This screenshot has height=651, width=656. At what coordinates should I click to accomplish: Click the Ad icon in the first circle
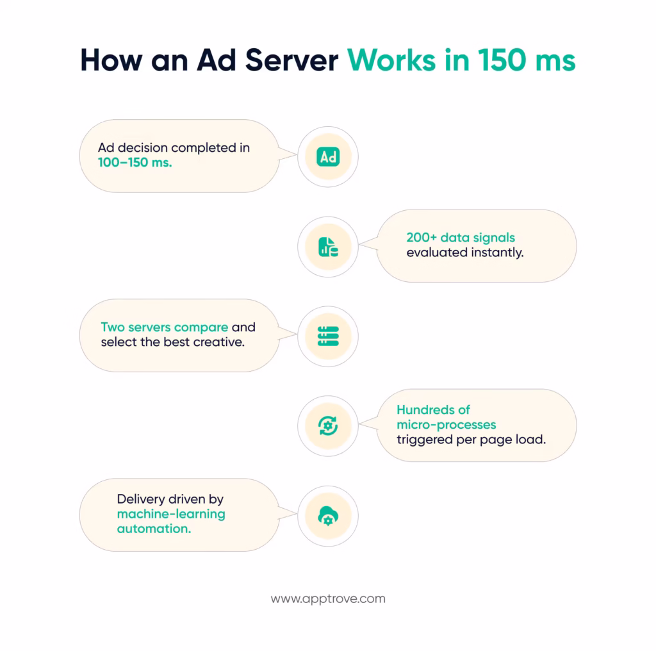tap(328, 157)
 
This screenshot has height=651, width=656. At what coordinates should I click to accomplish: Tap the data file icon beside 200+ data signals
tap(328, 247)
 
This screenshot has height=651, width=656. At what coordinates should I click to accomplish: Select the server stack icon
tap(328, 336)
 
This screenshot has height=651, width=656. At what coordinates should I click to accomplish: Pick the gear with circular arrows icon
tap(328, 426)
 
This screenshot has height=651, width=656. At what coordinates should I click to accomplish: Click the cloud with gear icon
tap(328, 516)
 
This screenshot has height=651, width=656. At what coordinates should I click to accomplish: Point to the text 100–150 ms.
tap(135, 163)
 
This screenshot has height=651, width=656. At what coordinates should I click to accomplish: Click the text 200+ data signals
tap(460, 237)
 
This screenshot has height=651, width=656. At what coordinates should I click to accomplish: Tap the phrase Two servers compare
tap(164, 327)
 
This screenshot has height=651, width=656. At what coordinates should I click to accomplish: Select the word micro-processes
tap(446, 425)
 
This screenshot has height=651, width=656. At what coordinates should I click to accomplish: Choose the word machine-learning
tap(170, 514)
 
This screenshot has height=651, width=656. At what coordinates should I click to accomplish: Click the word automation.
tap(153, 529)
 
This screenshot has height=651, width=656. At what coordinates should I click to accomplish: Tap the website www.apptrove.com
tap(328, 599)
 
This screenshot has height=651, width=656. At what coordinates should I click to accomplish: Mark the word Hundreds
tap(424, 409)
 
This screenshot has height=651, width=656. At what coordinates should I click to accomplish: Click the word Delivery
tap(142, 499)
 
